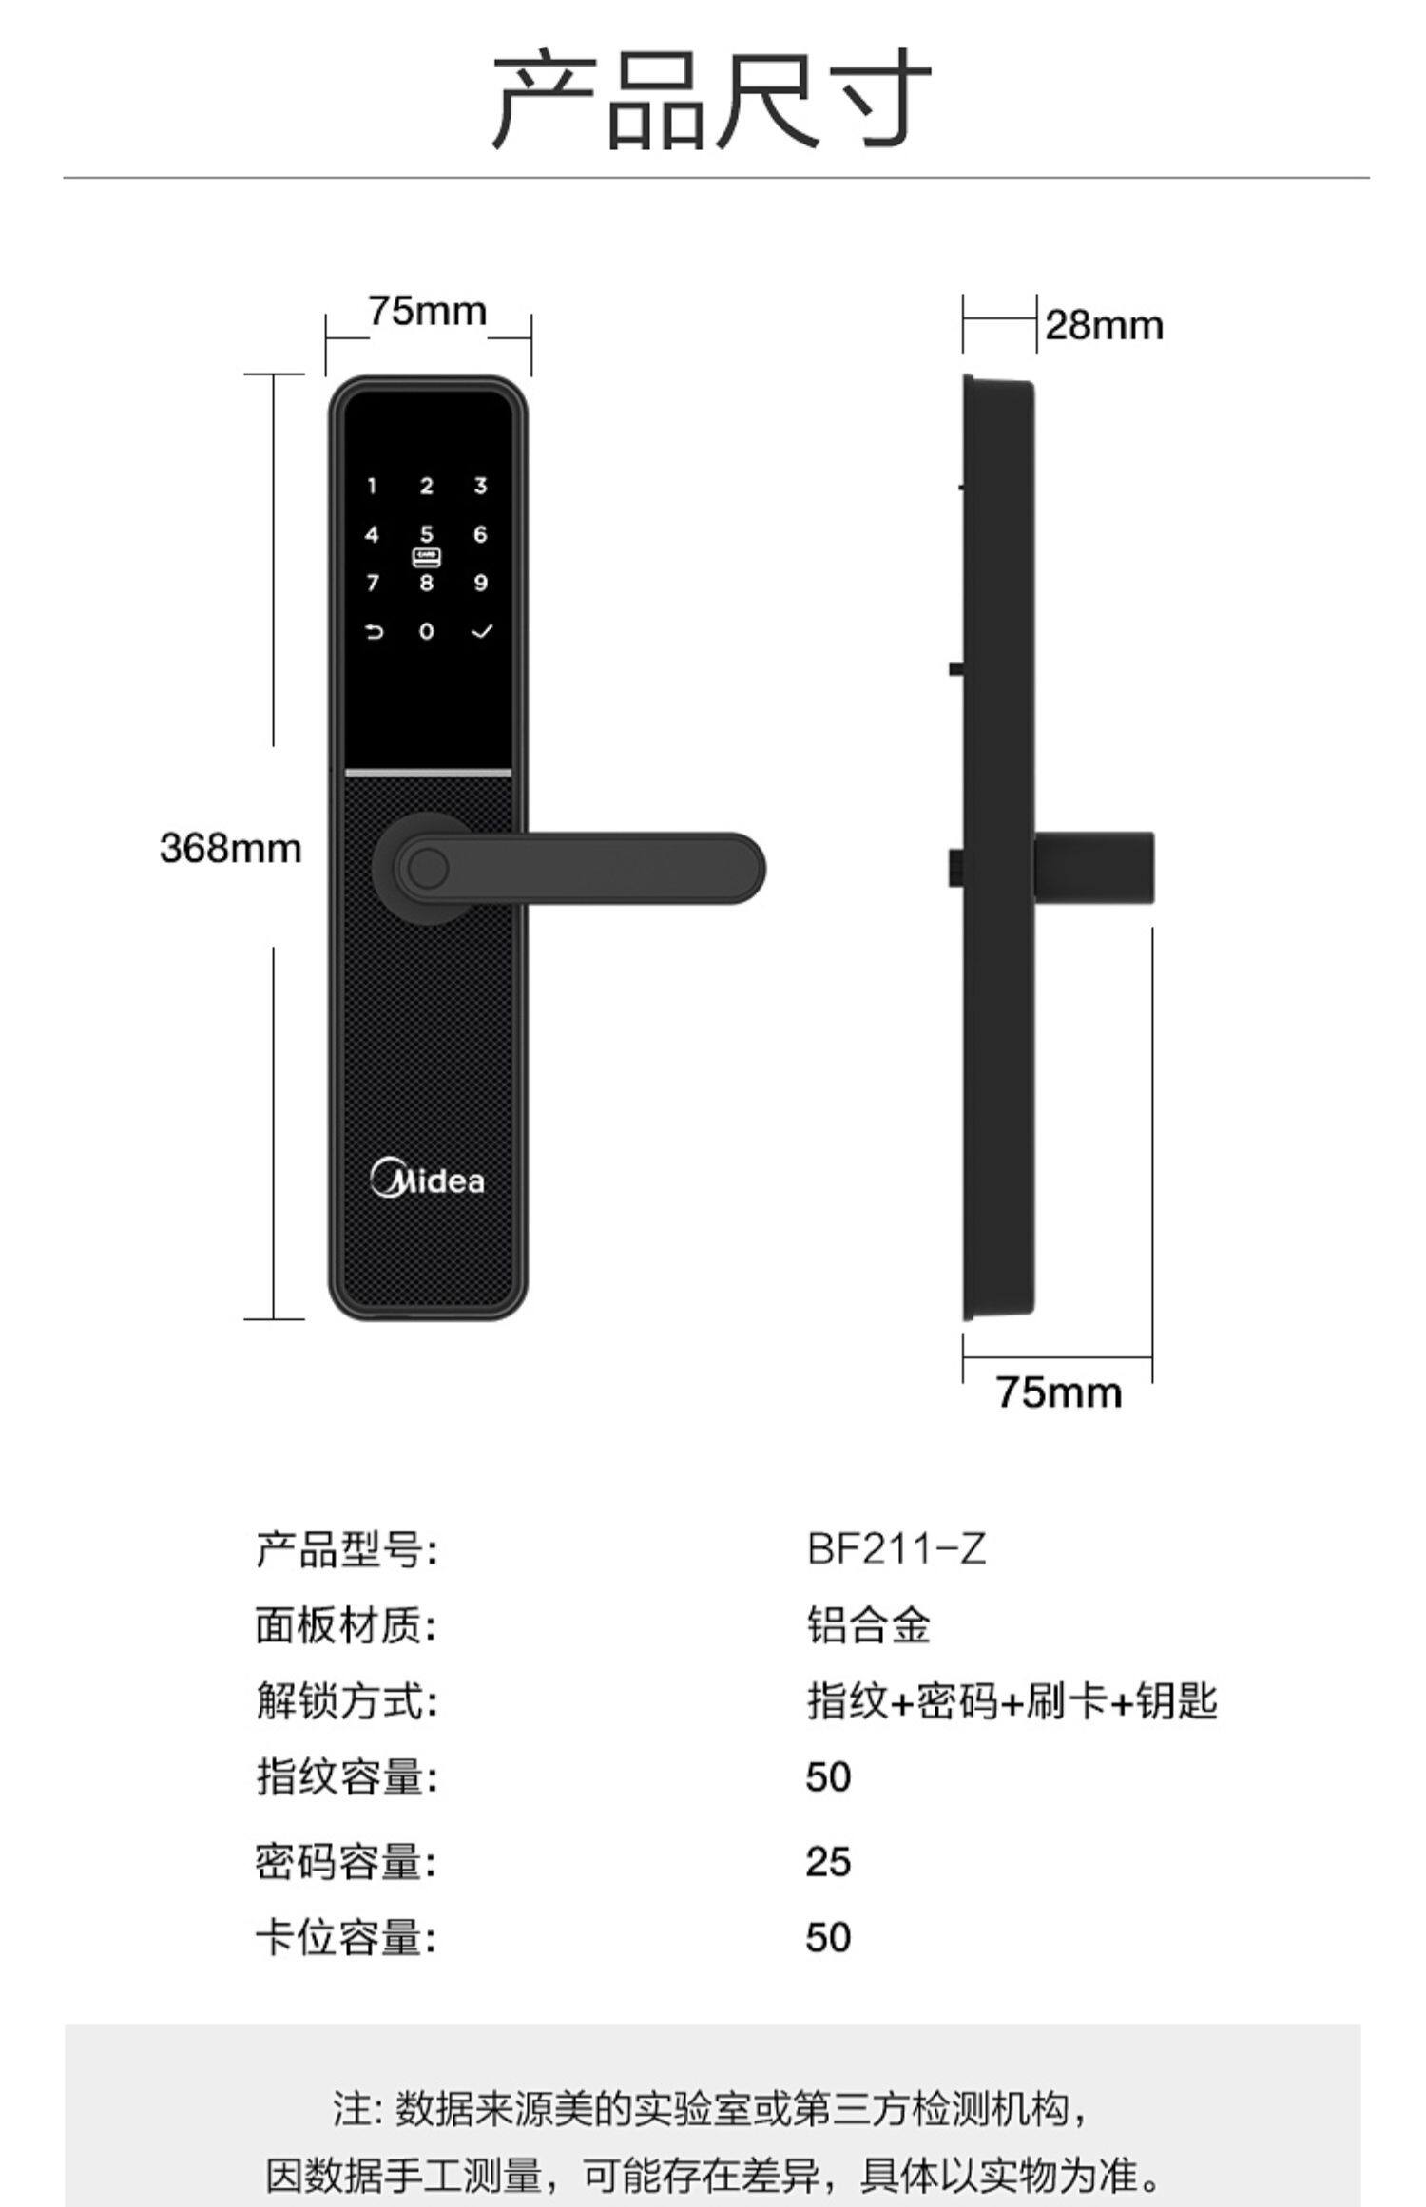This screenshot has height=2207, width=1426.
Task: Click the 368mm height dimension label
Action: pyautogui.click(x=230, y=848)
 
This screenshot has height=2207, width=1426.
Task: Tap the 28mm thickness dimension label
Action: pyautogui.click(x=1104, y=326)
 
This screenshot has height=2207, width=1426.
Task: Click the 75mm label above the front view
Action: pyautogui.click(x=427, y=311)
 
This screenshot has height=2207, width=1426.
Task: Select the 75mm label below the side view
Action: pyautogui.click(x=1059, y=1393)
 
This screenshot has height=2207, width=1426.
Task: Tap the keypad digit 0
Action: pyautogui.click(x=427, y=631)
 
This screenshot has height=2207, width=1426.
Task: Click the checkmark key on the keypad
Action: pyautogui.click(x=482, y=631)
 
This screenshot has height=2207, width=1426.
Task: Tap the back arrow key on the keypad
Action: pyautogui.click(x=374, y=631)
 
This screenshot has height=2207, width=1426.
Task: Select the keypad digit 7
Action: pyautogui.click(x=373, y=583)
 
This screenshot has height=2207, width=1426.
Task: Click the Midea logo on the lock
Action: pyautogui.click(x=427, y=1180)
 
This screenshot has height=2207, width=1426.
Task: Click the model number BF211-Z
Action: pyautogui.click(x=896, y=1549)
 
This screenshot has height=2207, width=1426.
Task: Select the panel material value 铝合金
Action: pyautogui.click(x=868, y=1625)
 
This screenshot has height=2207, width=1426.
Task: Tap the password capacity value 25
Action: pyautogui.click(x=828, y=1862)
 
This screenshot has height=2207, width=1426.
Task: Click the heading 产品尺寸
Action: pyautogui.click(x=712, y=100)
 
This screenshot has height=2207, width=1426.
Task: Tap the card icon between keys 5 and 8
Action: pyautogui.click(x=427, y=558)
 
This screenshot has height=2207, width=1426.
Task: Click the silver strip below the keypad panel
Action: pyautogui.click(x=427, y=773)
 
